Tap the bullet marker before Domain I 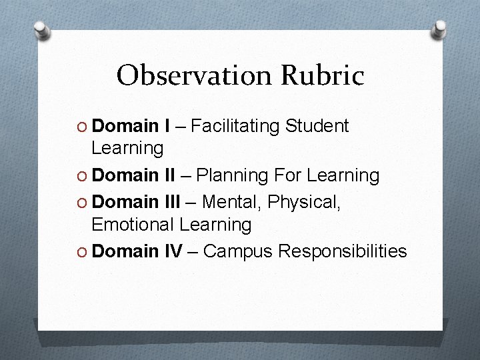tap(81, 126)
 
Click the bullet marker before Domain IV tap(81, 251)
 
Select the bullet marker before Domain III tap(81, 201)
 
